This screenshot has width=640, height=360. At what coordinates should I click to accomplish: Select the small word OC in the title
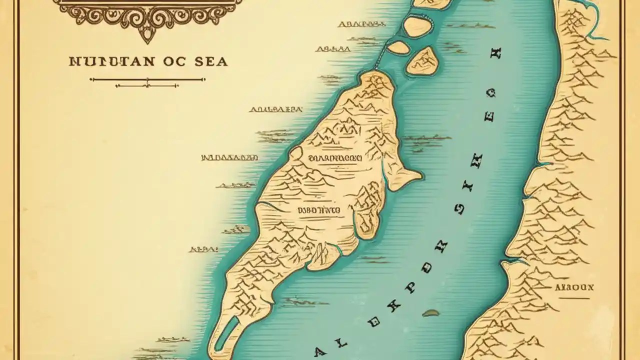173,61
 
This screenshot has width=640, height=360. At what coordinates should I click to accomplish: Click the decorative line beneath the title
147,79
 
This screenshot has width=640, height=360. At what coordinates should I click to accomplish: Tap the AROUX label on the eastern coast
574,287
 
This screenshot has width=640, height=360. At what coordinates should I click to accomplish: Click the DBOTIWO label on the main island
318,211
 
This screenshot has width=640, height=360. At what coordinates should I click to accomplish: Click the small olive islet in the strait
430,313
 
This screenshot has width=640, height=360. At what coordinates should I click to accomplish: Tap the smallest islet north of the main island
398,47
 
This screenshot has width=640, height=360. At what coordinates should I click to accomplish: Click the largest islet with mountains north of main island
422,61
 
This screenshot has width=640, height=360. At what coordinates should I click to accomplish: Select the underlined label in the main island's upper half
334,159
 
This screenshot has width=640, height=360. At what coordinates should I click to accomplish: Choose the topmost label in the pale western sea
359,23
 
